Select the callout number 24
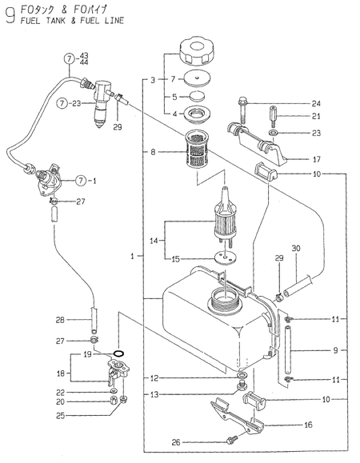tap(316, 103)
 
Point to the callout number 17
tap(316, 159)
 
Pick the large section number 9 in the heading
tap(10, 15)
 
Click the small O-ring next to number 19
tap(119, 353)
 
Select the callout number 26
tap(176, 442)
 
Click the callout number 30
tap(296, 248)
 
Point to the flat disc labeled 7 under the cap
tap(197, 78)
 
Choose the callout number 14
tap(154, 241)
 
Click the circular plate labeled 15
tap(226, 257)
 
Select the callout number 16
tap(308, 425)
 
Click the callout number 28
tap(60, 320)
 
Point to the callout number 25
tap(60, 416)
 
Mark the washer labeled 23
tap(273, 133)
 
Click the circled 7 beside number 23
tap(62, 103)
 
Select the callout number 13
tap(154, 394)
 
